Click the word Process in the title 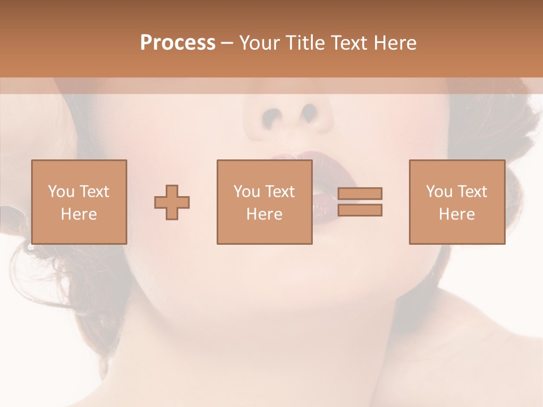tap(178, 43)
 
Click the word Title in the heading tap(304, 43)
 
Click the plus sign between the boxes tap(172, 202)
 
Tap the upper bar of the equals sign tap(360, 194)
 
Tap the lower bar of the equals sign tap(360, 210)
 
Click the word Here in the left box tap(79, 214)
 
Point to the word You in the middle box tap(247, 192)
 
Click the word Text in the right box tap(474, 192)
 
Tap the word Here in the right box tap(456, 214)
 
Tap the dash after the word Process tap(227, 43)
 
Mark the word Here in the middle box tap(264, 214)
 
